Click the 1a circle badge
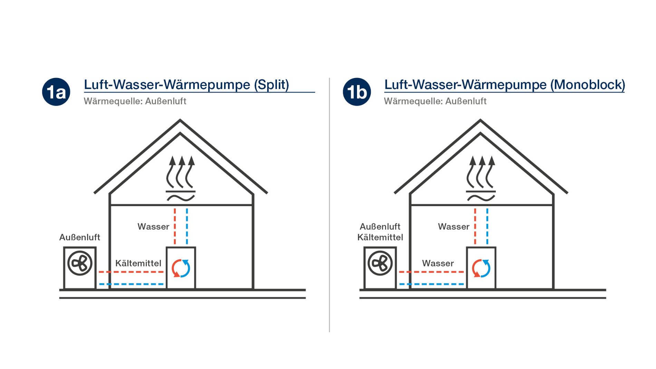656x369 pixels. tap(56, 92)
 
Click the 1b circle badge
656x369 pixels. tap(357, 92)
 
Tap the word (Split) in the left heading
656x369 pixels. tap(271, 85)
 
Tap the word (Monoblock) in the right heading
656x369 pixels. tap(587, 85)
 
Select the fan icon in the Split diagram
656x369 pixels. tap(80, 263)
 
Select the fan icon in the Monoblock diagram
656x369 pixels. tap(380, 263)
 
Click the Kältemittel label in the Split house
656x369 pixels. tap(138, 263)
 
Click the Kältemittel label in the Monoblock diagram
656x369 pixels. tap(380, 237)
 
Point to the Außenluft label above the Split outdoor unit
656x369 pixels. tap(80, 237)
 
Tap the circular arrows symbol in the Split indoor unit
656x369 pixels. tap(181, 268)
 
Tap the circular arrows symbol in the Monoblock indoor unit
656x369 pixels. tap(481, 268)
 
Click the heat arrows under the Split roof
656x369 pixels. tap(181, 173)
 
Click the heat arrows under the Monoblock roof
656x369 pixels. tap(481, 173)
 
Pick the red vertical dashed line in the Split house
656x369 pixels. tap(175, 226)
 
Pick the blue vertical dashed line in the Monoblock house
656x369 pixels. tap(487, 226)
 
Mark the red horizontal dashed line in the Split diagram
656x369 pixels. tap(131, 272)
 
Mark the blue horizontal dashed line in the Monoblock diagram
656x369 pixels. tap(432, 284)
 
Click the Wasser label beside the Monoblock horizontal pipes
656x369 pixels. tap(438, 263)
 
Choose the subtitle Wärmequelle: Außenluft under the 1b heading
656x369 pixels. tap(435, 101)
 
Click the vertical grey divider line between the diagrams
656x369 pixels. tap(329, 207)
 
